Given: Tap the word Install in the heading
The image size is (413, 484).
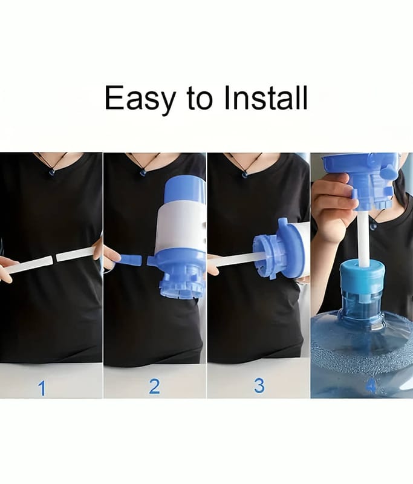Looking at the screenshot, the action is [x=266, y=97].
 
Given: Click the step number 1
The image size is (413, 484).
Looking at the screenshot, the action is [x=42, y=388].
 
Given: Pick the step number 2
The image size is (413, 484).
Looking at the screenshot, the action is [x=155, y=387].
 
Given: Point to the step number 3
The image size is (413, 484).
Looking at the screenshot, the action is [x=259, y=386].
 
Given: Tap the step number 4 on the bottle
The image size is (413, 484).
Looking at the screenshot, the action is [x=371, y=386].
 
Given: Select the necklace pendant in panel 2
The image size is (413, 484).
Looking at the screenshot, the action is [x=143, y=172].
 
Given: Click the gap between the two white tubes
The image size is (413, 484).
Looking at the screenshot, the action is [x=55, y=258].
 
